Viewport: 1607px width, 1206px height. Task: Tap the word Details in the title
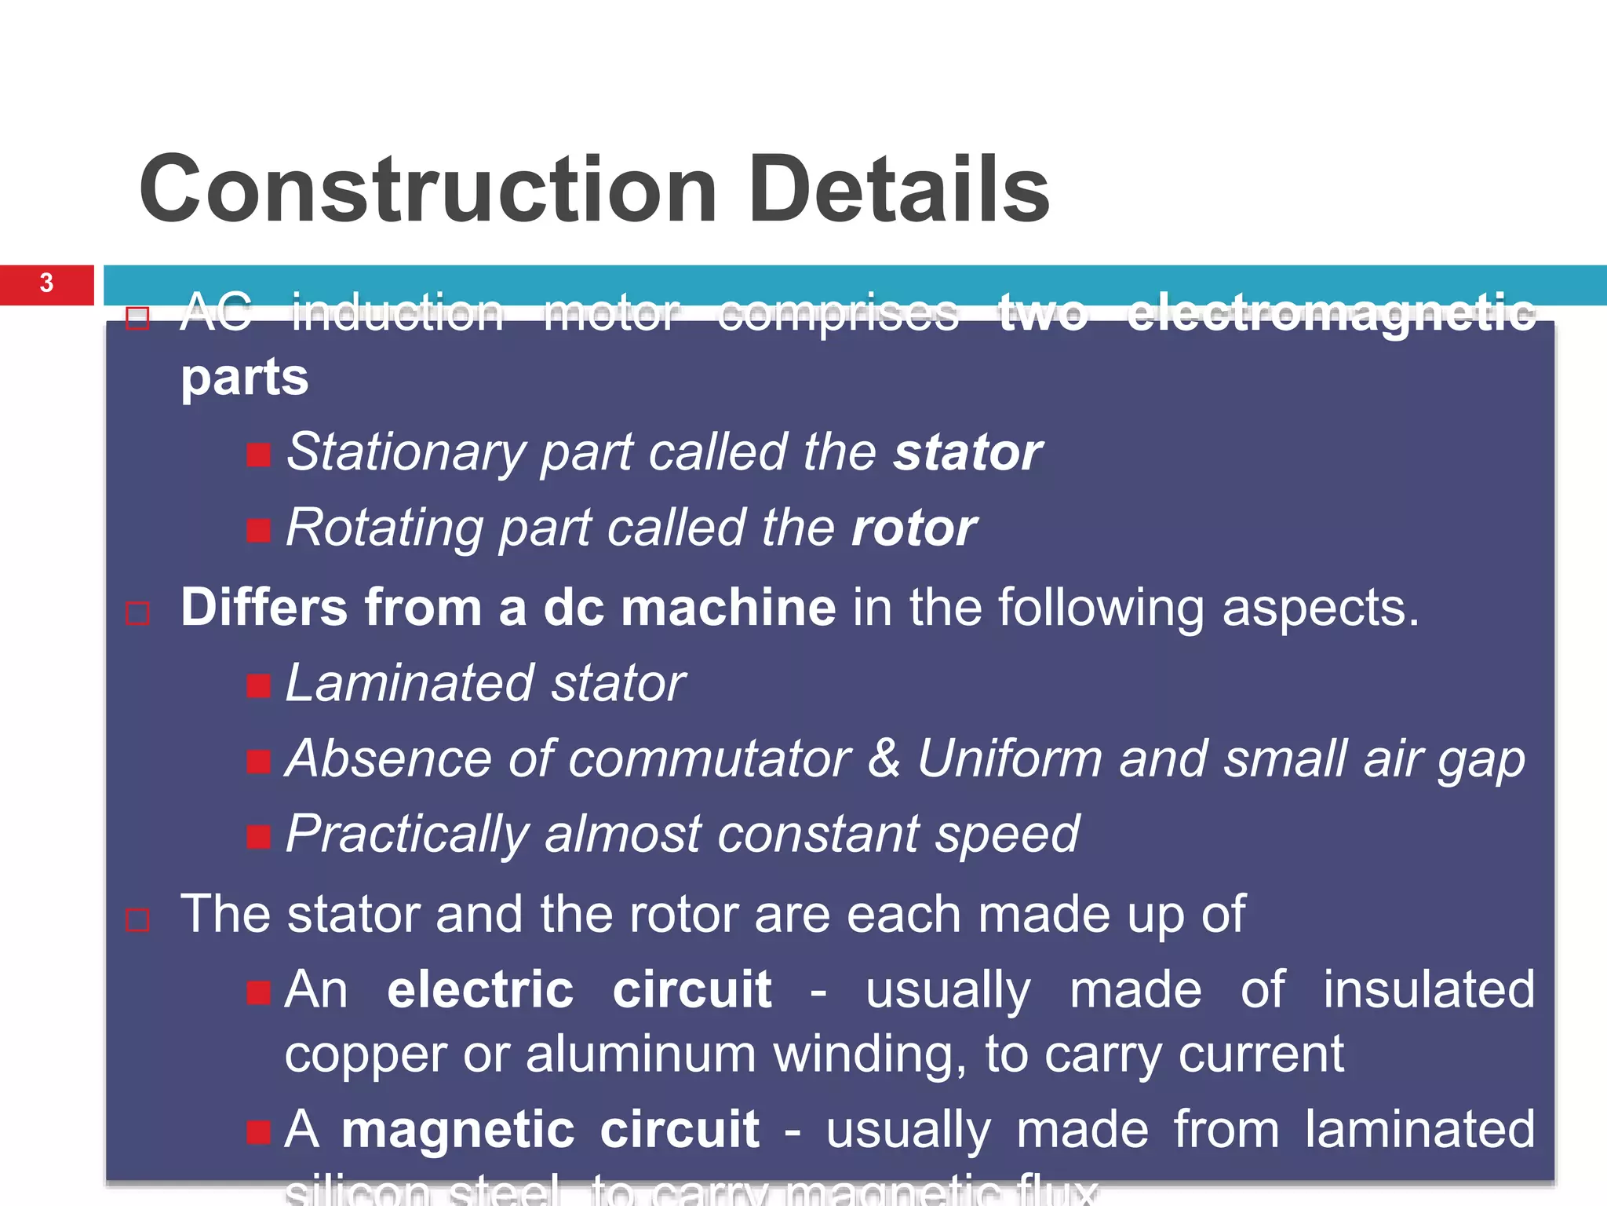[x=898, y=190]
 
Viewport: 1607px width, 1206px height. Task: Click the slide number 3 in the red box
[x=46, y=283]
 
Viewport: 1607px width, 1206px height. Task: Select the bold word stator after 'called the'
[x=967, y=453]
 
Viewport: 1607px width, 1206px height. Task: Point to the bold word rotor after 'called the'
[x=914, y=528]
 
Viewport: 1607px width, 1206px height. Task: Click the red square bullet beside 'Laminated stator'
[x=258, y=686]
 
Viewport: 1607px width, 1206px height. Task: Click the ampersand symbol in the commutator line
[x=884, y=758]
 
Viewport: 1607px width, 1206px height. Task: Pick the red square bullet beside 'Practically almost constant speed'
[x=258, y=837]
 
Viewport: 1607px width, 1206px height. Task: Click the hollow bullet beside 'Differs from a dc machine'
[x=137, y=613]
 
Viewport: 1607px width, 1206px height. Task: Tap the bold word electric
[x=480, y=989]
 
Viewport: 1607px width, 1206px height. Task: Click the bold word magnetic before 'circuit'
[x=458, y=1130]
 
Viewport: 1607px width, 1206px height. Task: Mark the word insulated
[x=1428, y=989]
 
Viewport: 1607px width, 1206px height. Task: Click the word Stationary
[x=406, y=453]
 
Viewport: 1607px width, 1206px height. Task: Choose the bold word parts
[x=245, y=378]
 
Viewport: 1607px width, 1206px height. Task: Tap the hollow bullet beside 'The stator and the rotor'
[x=137, y=919]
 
